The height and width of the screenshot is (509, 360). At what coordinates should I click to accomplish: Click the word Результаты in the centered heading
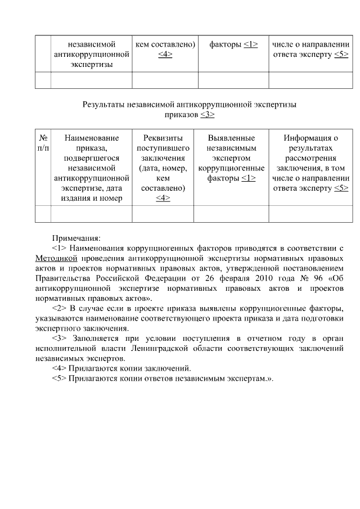pos(104,105)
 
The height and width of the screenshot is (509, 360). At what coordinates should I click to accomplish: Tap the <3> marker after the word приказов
pos(208,114)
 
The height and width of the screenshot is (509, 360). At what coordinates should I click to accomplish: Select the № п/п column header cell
pos(43,143)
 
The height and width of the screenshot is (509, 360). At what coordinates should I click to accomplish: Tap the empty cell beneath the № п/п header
pos(43,215)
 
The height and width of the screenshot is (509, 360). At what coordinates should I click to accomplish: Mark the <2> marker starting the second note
pos(59,309)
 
